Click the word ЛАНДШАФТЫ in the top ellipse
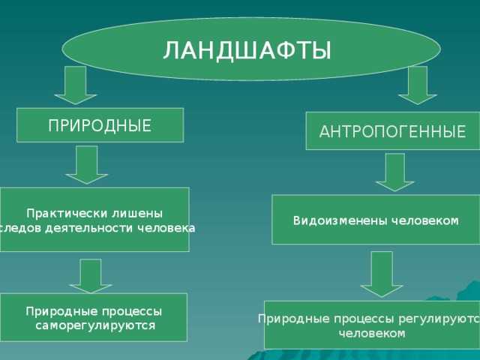(x=247, y=50)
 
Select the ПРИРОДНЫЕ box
(x=100, y=125)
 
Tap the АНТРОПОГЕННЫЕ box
(x=392, y=132)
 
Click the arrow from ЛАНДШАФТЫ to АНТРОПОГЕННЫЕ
(x=417, y=85)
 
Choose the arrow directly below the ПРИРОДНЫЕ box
(x=87, y=164)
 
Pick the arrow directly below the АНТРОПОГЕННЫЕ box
(x=389, y=172)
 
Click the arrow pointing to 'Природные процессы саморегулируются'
(x=91, y=275)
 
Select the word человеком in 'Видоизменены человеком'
(x=420, y=220)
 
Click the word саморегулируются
(x=95, y=325)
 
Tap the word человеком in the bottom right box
(x=372, y=334)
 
